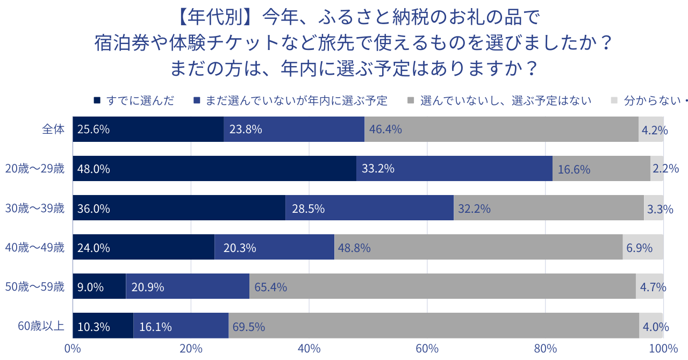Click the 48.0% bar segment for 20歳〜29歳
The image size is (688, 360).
(214, 169)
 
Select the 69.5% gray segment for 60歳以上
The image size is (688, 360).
(434, 326)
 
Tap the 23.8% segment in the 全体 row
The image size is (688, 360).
(294, 129)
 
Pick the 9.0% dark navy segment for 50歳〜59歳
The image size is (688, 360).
(99, 286)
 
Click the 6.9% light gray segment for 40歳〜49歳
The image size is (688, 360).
(643, 247)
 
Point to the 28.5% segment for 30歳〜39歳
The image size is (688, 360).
(369, 208)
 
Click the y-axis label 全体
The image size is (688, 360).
(53, 129)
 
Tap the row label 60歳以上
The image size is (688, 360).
(41, 326)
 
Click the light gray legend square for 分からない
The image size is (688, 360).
(614, 100)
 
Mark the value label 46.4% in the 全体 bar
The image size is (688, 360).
(385, 129)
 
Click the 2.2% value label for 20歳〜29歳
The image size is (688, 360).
(665, 169)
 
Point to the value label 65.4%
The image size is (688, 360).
(270, 287)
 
